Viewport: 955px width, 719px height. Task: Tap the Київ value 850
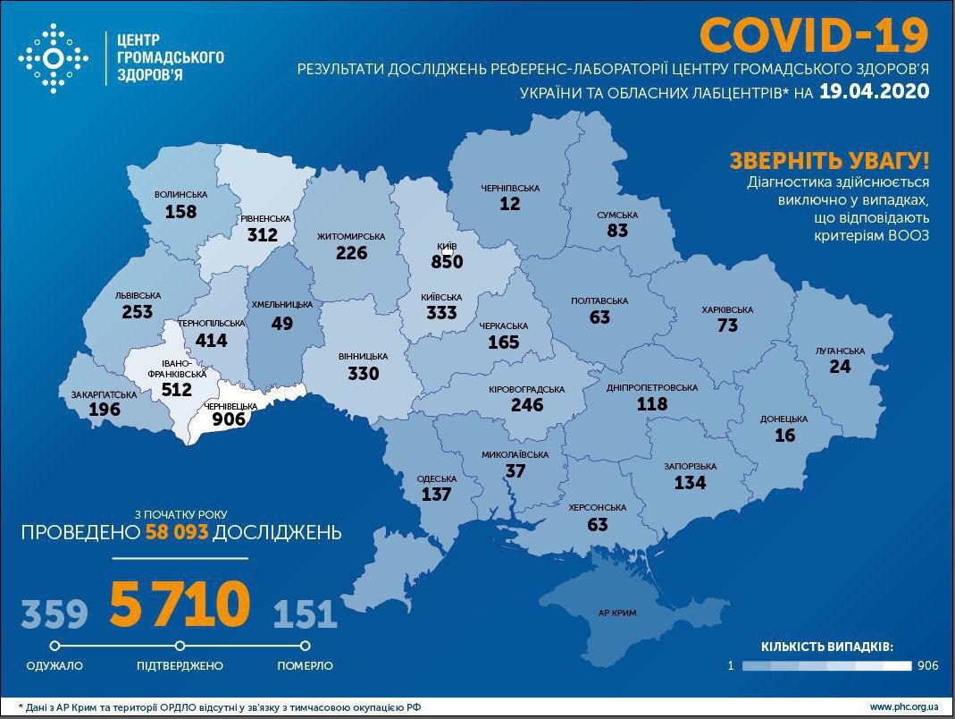[447, 262]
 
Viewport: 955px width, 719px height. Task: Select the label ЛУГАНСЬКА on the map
[839, 351]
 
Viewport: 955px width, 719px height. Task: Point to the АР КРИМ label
[617, 614]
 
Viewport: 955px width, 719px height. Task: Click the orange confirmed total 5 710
[179, 605]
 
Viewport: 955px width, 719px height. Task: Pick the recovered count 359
[54, 614]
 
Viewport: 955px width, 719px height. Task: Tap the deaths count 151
[305, 614]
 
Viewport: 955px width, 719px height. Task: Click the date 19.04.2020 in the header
[874, 91]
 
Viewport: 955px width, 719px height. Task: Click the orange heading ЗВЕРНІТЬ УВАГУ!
[829, 162]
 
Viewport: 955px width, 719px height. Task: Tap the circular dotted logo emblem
[54, 59]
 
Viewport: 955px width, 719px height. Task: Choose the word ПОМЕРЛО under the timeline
[305, 666]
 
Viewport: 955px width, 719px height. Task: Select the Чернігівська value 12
[510, 204]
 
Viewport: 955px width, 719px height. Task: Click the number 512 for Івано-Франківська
[178, 390]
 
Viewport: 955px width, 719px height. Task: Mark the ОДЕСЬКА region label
[437, 478]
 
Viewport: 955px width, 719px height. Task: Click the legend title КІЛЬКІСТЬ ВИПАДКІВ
[826, 646]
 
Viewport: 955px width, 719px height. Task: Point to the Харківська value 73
[727, 326]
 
